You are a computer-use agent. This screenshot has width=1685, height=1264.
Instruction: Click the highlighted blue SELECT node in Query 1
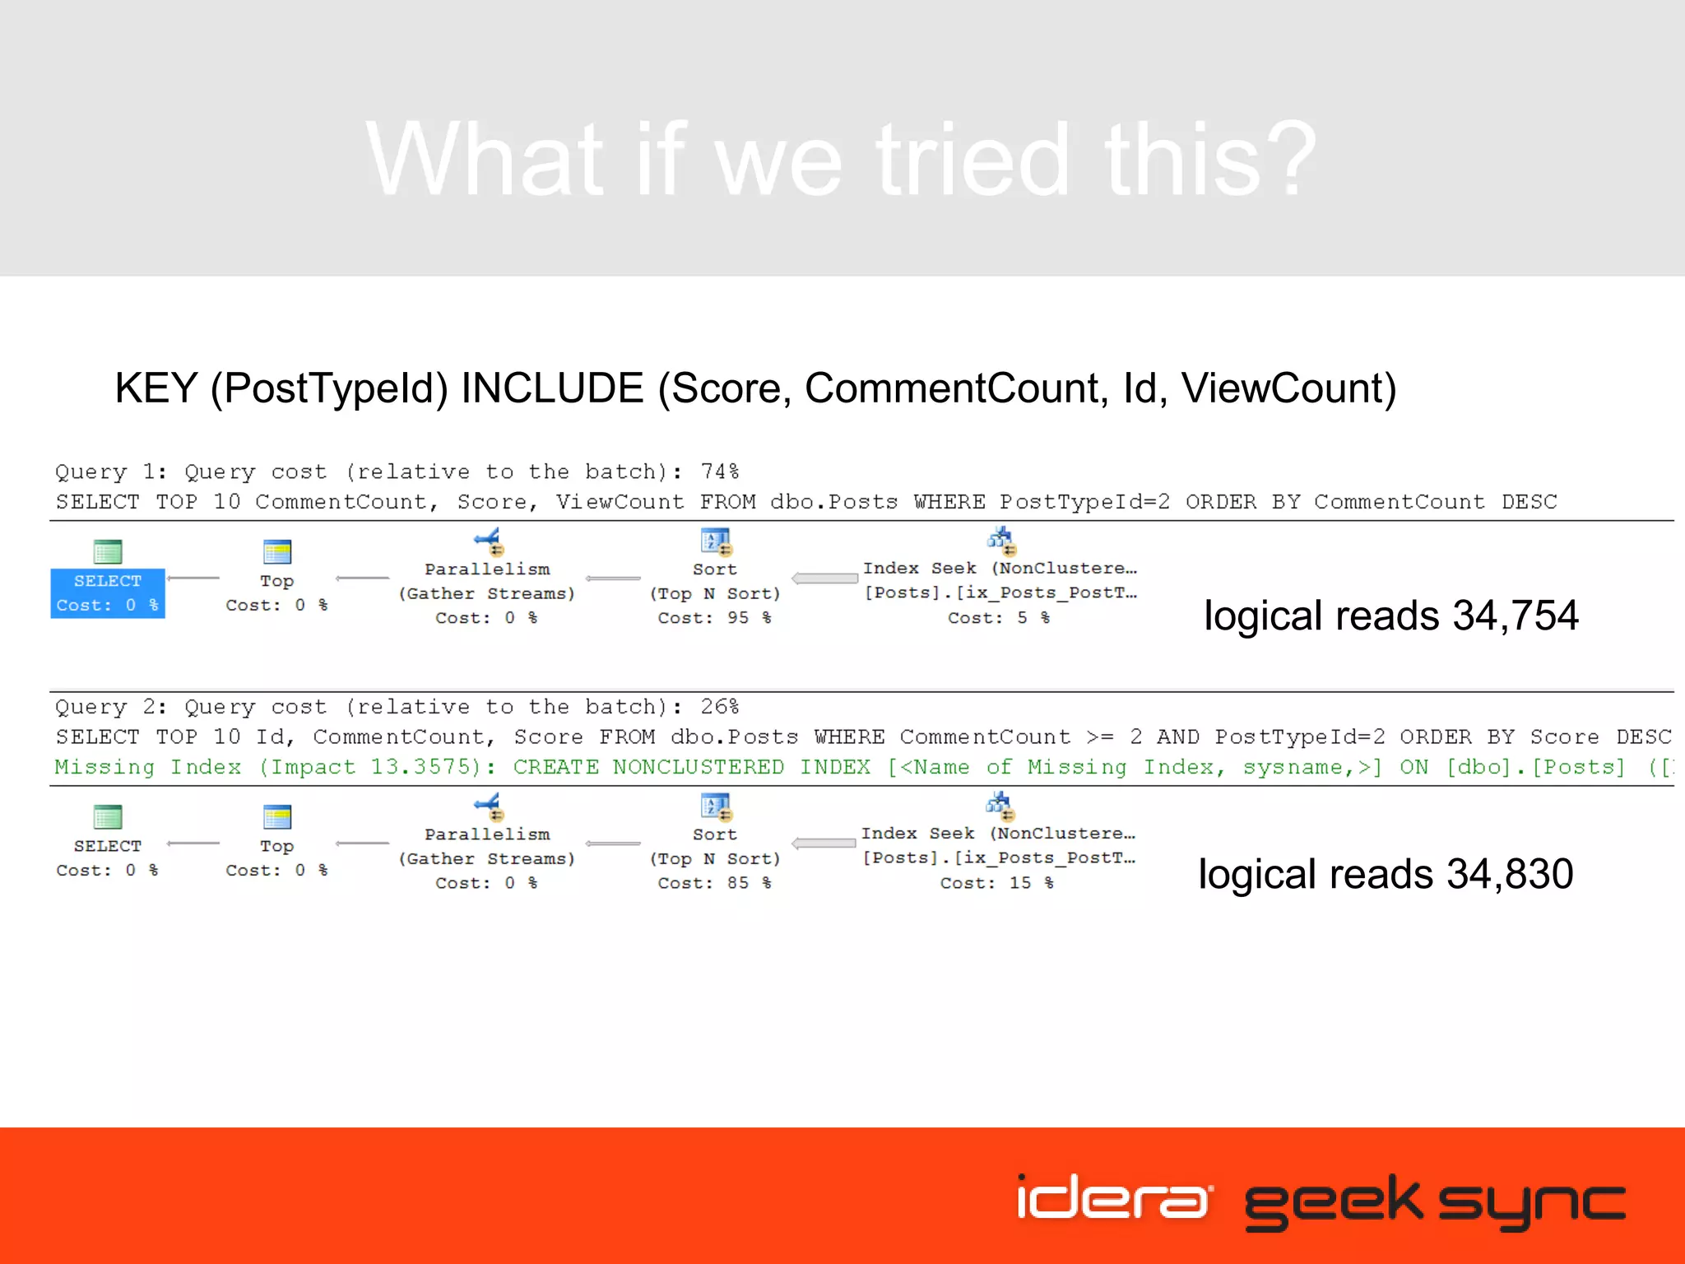(x=108, y=592)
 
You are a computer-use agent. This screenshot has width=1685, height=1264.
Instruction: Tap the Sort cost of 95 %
(x=714, y=618)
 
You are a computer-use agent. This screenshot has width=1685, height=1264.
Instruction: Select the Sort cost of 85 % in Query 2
(x=714, y=883)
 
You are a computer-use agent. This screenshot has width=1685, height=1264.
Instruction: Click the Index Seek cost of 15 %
(x=996, y=883)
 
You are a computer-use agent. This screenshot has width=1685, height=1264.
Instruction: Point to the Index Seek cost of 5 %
(x=998, y=618)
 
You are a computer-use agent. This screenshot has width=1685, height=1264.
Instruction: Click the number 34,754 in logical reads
(x=1515, y=616)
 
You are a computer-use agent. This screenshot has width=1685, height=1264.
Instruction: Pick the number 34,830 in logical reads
(x=1510, y=874)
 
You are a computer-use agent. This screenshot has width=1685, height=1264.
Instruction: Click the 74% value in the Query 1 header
(x=719, y=472)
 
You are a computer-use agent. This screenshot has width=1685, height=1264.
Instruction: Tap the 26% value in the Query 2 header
(x=719, y=707)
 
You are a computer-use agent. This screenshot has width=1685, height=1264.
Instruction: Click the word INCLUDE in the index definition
(x=552, y=388)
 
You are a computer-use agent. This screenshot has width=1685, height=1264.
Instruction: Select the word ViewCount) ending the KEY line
(x=1288, y=388)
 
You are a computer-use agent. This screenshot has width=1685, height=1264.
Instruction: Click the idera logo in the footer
(x=1113, y=1198)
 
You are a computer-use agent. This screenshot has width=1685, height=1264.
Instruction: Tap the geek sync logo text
(x=1434, y=1201)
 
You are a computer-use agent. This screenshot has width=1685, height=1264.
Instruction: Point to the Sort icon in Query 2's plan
(x=715, y=807)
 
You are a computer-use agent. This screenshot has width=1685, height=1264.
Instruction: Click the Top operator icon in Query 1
(x=276, y=551)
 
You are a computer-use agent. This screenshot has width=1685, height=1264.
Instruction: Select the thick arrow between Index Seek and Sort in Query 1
(x=824, y=579)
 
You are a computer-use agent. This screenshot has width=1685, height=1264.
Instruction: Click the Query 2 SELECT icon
(x=108, y=816)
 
